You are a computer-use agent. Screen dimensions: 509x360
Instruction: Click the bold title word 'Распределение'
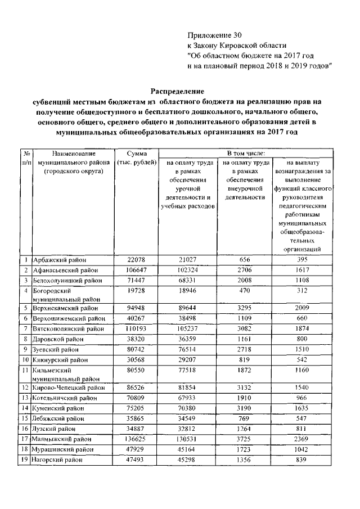click(x=177, y=90)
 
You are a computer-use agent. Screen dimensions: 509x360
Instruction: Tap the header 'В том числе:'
click(x=249, y=153)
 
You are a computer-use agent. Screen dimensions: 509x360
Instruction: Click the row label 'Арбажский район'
click(x=60, y=260)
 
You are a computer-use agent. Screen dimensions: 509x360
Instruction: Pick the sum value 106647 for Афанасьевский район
click(x=136, y=270)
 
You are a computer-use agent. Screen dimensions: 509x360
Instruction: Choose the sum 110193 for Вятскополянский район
click(x=136, y=328)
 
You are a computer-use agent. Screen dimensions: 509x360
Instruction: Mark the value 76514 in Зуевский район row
click(x=186, y=348)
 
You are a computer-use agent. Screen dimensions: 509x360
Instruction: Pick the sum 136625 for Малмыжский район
click(x=136, y=438)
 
